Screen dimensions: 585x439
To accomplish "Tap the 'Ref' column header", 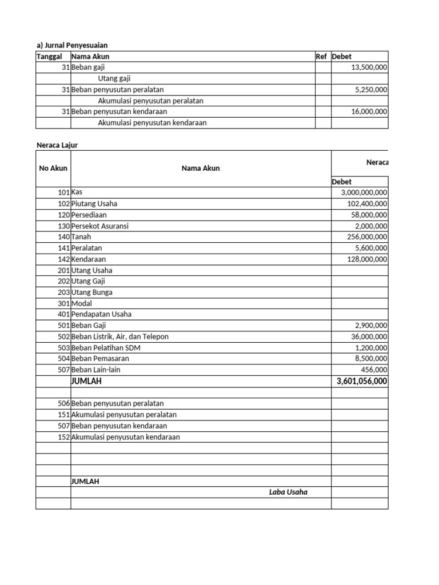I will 321,57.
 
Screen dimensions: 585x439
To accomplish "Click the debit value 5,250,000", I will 372,90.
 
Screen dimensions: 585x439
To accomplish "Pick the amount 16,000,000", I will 369,112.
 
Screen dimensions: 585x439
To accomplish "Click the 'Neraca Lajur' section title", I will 57,145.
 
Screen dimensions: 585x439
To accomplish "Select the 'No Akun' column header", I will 53,168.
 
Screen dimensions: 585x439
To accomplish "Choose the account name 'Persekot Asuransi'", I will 100,226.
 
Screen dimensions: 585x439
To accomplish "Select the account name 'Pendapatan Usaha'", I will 101,314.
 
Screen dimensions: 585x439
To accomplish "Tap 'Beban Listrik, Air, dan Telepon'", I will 120,336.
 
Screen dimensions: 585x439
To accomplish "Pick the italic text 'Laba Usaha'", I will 288,492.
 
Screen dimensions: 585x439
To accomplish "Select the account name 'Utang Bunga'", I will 92,292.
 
